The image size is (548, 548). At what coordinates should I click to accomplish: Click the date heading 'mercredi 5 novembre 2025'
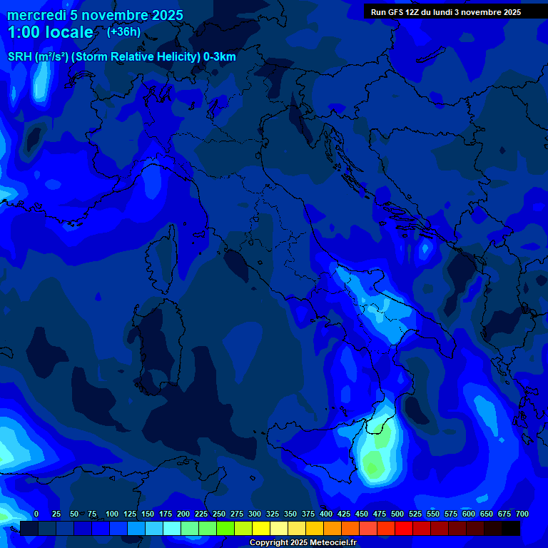pos(95,15)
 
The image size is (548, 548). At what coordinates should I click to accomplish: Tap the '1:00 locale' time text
pos(50,32)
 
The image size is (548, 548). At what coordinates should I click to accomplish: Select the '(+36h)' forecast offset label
pos(123,31)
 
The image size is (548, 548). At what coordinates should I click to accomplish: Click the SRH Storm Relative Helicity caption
pos(121,56)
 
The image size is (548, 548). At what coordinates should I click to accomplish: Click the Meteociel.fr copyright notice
pos(303,543)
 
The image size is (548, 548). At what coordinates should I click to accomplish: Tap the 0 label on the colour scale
pos(36,514)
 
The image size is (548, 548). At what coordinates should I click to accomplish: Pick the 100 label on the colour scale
pos(111,514)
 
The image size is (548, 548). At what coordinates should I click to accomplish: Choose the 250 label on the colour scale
pos(218,514)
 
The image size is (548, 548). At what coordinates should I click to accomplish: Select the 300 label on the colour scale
pos(254,514)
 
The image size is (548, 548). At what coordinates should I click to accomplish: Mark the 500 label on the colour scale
pos(397,514)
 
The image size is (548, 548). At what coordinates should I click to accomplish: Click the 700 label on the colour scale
pos(522,514)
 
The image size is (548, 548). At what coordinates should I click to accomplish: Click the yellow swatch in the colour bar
pos(261,529)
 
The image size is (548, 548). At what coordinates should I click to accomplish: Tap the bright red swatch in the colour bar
pos(404,529)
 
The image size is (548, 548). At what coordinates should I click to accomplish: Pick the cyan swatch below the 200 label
pos(172,529)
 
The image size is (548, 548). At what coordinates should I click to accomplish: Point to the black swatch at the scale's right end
pos(511,529)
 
